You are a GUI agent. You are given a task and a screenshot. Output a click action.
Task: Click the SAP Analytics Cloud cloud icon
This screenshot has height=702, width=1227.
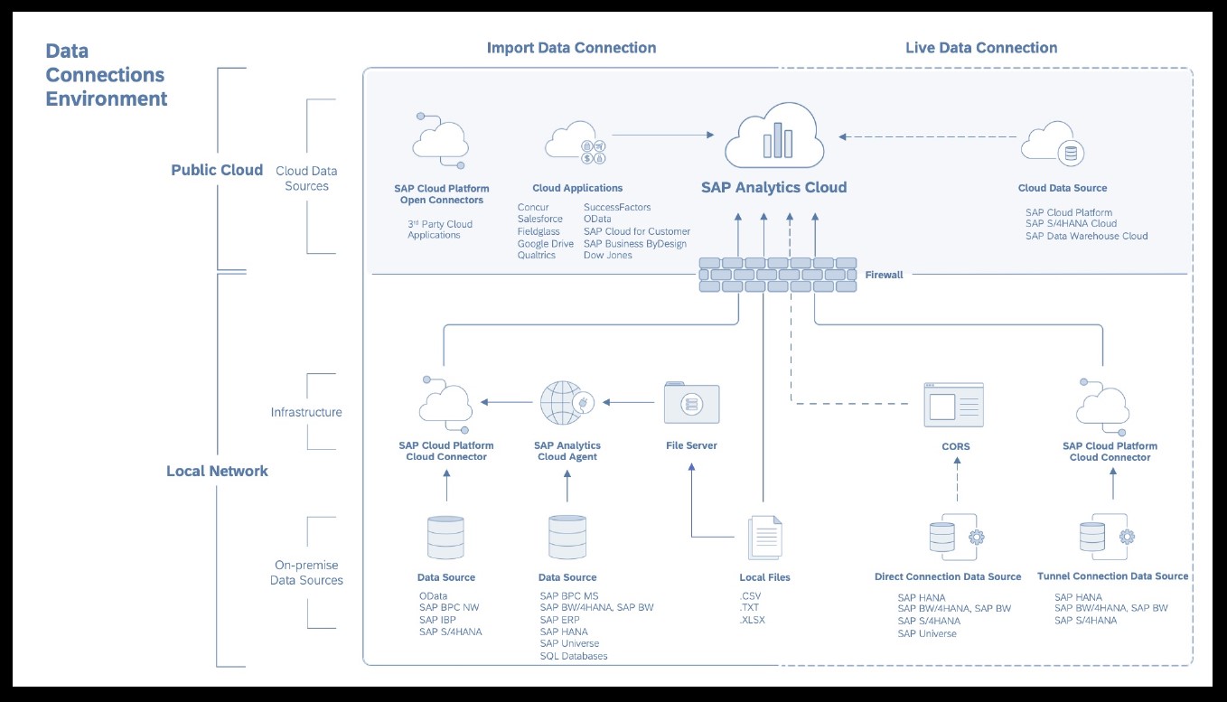(x=774, y=136)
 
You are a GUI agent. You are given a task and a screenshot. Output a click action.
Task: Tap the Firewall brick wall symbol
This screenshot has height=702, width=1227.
(x=778, y=275)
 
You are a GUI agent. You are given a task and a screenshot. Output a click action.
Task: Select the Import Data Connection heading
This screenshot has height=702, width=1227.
(x=571, y=48)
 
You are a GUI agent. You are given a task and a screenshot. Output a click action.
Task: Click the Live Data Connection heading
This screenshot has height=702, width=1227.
(x=981, y=48)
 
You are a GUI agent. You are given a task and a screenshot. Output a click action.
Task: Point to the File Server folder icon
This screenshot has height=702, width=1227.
(x=691, y=404)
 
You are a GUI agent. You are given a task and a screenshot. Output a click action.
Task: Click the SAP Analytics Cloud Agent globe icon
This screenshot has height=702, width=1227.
(x=567, y=403)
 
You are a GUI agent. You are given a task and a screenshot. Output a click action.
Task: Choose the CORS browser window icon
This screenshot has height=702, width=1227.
(x=953, y=406)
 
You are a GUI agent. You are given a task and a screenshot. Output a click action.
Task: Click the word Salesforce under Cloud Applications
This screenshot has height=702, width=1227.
(x=540, y=220)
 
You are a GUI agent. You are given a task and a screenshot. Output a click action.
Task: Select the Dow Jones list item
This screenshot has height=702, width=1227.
(x=608, y=256)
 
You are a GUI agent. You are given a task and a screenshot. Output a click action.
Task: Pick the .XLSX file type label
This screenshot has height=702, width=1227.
(x=752, y=621)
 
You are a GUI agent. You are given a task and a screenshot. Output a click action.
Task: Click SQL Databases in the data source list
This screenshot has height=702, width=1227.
(x=574, y=656)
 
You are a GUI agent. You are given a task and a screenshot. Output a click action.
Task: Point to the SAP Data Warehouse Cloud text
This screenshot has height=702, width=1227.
(x=1086, y=236)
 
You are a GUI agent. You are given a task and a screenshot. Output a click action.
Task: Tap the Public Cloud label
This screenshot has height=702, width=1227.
(x=217, y=170)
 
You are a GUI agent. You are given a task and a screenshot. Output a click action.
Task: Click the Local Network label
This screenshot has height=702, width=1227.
(x=217, y=471)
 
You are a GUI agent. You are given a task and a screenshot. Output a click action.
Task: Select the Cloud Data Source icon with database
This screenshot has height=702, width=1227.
(x=1054, y=145)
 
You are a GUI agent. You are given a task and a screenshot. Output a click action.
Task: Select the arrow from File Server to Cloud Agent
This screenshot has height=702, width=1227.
(x=629, y=402)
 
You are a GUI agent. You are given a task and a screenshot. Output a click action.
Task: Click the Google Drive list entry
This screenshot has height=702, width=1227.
(x=545, y=244)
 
